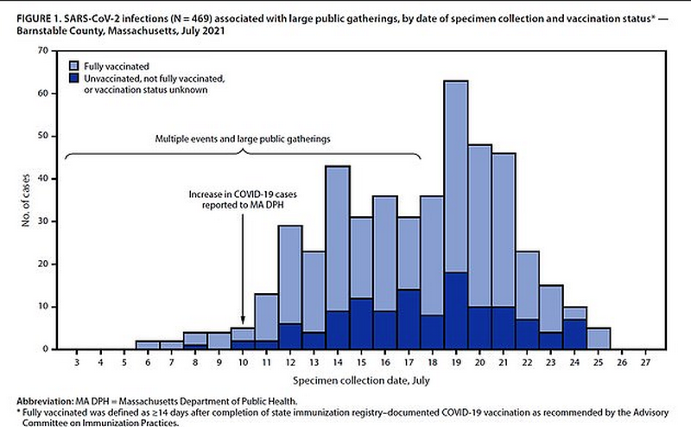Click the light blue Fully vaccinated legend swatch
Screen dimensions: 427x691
pyautogui.click(x=75, y=66)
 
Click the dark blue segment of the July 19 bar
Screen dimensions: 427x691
pyautogui.click(x=457, y=311)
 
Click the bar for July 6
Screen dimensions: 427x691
pyautogui.click(x=148, y=345)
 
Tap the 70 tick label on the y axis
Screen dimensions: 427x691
pyautogui.click(x=41, y=51)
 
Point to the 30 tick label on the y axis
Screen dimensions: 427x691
pyautogui.click(x=41, y=221)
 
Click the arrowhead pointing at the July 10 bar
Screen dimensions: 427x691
pyautogui.click(x=244, y=322)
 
